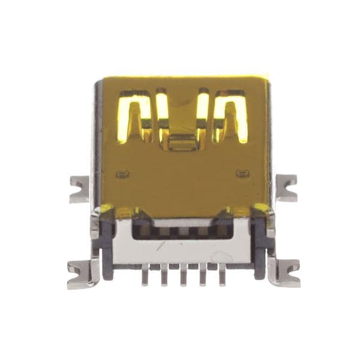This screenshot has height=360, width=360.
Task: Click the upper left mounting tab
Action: click(x=79, y=188)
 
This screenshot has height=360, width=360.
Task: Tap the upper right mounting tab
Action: click(x=286, y=187)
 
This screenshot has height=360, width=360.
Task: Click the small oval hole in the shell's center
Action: click(x=182, y=143)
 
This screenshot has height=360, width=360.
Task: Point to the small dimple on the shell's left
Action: click(x=122, y=174)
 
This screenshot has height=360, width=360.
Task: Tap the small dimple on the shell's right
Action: click(x=242, y=174)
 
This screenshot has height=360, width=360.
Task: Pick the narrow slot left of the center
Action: click(x=161, y=111)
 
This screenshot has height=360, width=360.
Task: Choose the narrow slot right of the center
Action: click(x=203, y=111)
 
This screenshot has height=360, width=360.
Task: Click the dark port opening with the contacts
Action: click(x=182, y=230)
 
